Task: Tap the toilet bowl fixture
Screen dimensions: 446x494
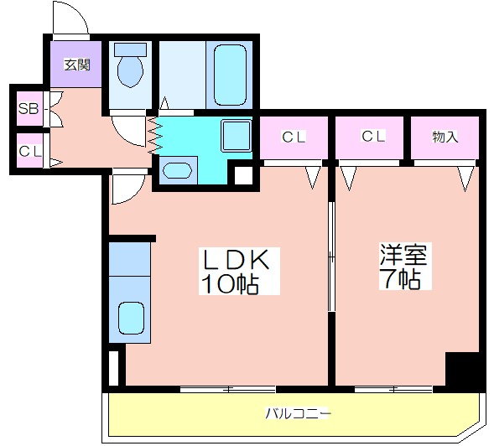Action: click(x=130, y=71)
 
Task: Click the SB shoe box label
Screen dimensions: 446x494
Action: click(x=29, y=109)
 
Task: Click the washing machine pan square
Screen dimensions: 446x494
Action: click(x=235, y=135)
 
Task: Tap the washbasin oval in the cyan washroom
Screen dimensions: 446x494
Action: click(x=177, y=170)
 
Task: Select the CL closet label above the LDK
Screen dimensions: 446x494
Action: click(x=292, y=137)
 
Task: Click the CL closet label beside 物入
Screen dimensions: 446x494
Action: click(x=373, y=137)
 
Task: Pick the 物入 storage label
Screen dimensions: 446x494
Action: click(x=445, y=137)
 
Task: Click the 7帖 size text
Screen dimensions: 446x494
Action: click(x=400, y=279)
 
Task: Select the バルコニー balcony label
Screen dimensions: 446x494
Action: click(x=299, y=412)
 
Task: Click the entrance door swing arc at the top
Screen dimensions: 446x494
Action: click(x=69, y=18)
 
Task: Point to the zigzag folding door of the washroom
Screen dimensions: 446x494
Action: click(x=154, y=134)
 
